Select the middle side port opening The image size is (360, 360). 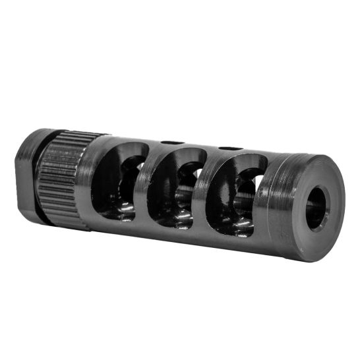tap(175, 188)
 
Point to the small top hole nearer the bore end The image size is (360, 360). tap(229, 148)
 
